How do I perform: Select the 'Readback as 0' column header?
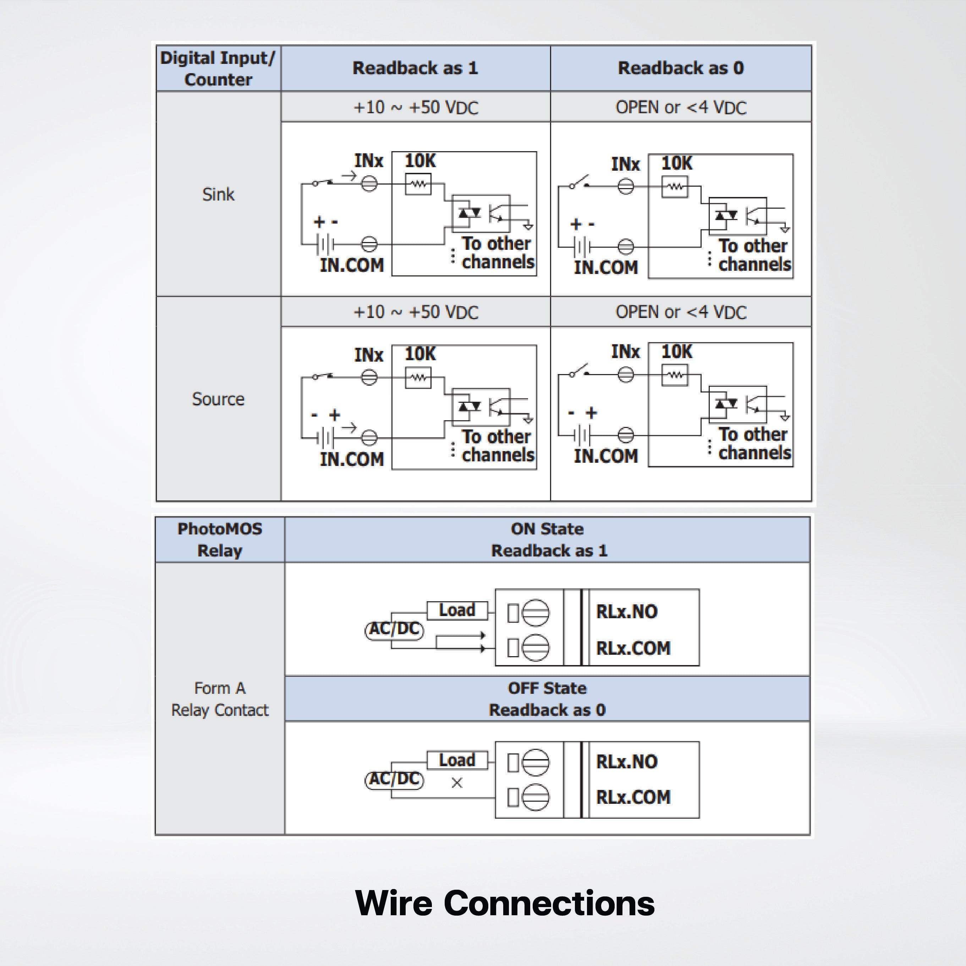point(681,68)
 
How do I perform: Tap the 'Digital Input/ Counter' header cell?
point(218,68)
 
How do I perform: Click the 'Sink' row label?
point(218,194)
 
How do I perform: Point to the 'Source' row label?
point(218,399)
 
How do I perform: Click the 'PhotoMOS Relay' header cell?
point(220,539)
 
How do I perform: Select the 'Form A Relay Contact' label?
point(220,699)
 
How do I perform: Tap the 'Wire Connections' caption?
point(505,903)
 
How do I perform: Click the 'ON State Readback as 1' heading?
point(548,539)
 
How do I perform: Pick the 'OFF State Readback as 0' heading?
point(548,699)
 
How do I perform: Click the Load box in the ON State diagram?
point(457,610)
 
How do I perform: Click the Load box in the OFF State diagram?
point(457,760)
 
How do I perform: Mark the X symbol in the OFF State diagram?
point(456,783)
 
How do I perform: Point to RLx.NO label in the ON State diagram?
point(626,611)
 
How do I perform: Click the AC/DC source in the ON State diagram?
point(394,629)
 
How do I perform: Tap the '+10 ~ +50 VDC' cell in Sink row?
point(416,108)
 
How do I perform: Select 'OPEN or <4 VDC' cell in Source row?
point(681,312)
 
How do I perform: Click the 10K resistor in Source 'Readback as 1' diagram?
point(418,378)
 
